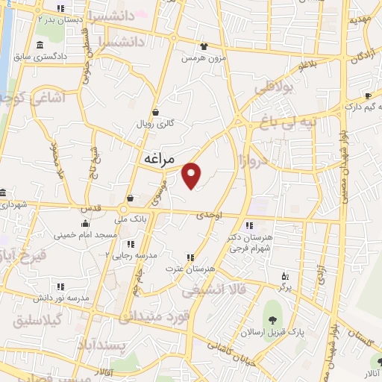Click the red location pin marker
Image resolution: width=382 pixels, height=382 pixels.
pos(192,175)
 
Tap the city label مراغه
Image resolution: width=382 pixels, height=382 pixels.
pos(157,159)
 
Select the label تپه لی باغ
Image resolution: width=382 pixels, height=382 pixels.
pos(291,120)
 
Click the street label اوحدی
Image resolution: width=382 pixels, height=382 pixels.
pos(211,215)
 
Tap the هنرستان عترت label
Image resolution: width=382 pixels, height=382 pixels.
pos(197,267)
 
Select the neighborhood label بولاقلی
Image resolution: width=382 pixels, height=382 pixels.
pos(276,89)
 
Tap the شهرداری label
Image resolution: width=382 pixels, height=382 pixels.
pos(14,203)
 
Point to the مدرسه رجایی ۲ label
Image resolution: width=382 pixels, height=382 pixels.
pos(131,254)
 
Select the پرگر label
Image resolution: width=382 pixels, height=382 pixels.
pos(285,286)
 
